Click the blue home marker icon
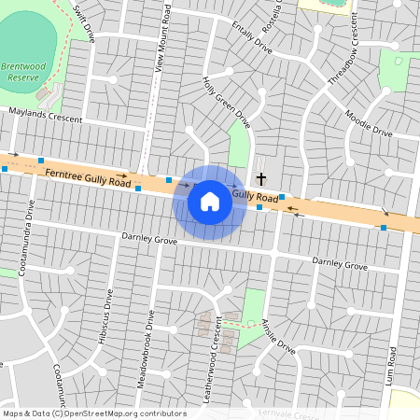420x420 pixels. [x=210, y=201]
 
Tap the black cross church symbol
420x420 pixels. [x=261, y=177]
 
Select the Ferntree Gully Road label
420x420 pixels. [x=87, y=175]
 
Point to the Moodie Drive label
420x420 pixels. [x=369, y=124]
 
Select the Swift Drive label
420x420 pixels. [x=84, y=25]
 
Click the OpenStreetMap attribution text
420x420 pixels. [x=93, y=413]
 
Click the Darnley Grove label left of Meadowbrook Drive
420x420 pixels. [x=149, y=240]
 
